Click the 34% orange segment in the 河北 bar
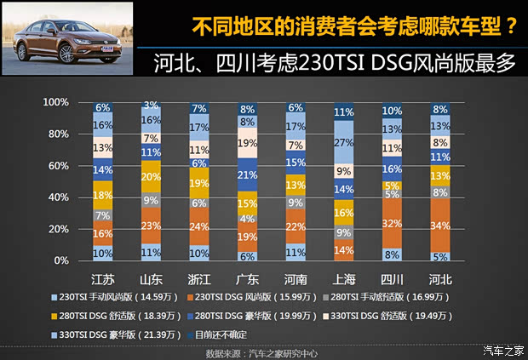click(440, 226)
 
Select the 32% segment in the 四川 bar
click(392, 223)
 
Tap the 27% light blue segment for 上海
click(344, 142)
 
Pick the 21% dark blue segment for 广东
click(248, 174)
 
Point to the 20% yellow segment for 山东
click(151, 176)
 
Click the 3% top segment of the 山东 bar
click(151, 106)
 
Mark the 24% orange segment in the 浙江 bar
click(199, 226)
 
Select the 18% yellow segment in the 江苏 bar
click(102, 195)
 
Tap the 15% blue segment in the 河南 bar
click(296, 163)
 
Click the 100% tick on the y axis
click(56, 103)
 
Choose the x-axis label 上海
click(344, 279)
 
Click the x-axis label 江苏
click(102, 279)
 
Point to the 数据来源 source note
click(264, 350)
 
